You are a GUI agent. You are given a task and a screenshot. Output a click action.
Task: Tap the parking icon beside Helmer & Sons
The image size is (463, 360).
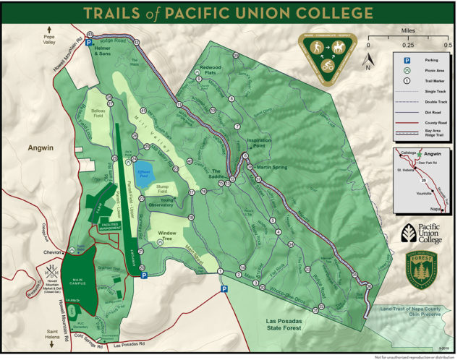(89, 43)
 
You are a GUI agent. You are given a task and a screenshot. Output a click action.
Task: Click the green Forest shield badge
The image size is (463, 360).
(422, 270)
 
